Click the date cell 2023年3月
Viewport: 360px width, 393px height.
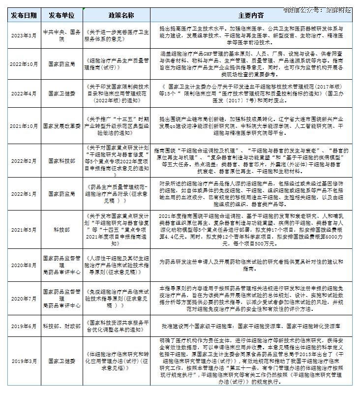point(24,34)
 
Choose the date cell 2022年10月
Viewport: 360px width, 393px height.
point(24,63)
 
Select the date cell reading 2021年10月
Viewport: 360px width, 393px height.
point(24,126)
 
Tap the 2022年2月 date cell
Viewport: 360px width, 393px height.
point(24,160)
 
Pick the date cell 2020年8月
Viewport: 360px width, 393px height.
point(24,265)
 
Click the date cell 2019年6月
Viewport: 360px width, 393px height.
point(24,326)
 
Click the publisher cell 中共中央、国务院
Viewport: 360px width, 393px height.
point(62,34)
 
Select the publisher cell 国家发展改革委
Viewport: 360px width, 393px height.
point(62,126)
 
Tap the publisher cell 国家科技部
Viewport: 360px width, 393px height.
point(62,160)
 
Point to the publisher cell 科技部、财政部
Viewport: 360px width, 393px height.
point(62,326)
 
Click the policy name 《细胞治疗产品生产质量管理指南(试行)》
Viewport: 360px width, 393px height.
point(118,63)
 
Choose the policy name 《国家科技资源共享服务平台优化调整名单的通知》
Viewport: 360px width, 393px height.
point(118,326)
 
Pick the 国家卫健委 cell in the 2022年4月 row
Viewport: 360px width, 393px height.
point(62,93)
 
